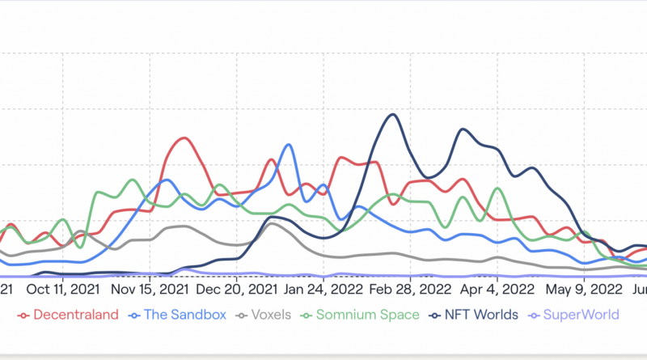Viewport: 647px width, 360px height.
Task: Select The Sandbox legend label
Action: (x=185, y=315)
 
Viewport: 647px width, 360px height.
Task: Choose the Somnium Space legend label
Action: (x=368, y=315)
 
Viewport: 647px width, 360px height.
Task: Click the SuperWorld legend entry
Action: (x=581, y=315)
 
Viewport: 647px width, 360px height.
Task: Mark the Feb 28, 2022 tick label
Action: (x=408, y=289)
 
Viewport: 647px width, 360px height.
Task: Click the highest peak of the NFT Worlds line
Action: (x=393, y=114)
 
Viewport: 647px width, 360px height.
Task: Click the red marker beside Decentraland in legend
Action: (x=23, y=316)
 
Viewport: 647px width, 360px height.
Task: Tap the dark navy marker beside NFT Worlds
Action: (x=437, y=316)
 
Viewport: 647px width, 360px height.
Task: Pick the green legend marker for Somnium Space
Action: (x=308, y=316)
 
